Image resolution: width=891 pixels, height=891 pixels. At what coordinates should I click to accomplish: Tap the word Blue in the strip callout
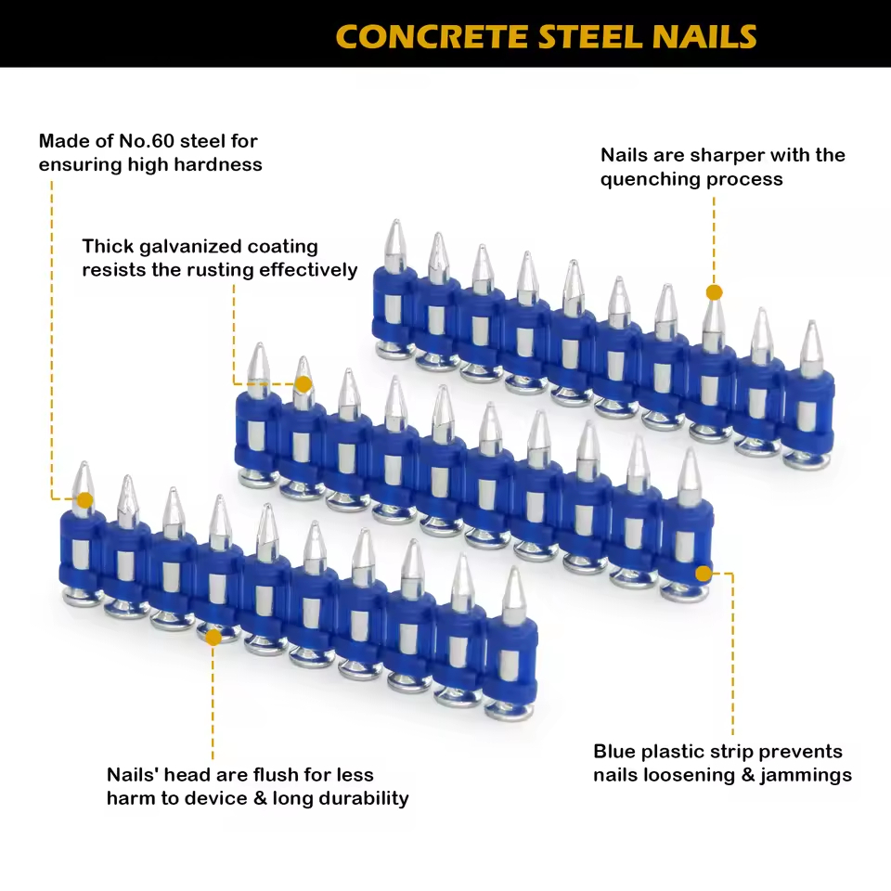pyautogui.click(x=618, y=751)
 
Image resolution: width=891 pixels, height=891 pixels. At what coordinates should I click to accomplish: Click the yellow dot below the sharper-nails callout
pyautogui.click(x=714, y=292)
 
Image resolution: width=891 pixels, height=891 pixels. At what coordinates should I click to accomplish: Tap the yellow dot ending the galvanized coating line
pyautogui.click(x=303, y=382)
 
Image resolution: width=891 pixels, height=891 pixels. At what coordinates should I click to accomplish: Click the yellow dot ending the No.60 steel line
pyautogui.click(x=84, y=500)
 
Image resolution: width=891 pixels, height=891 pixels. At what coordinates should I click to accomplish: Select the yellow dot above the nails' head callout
pyautogui.click(x=213, y=637)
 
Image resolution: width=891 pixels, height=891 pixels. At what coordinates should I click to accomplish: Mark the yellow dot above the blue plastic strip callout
pyautogui.click(x=704, y=573)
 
